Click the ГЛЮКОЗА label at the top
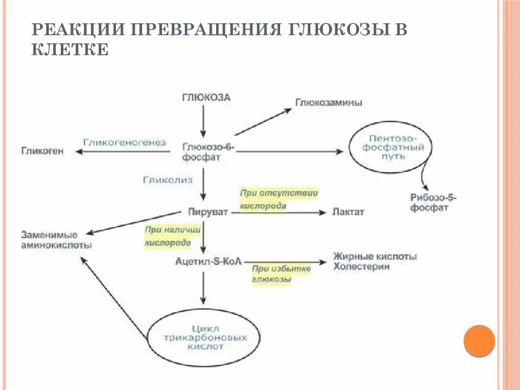click(205, 98)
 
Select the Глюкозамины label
click(328, 102)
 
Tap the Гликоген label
click(42, 151)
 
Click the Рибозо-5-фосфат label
click(433, 203)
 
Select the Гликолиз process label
click(167, 179)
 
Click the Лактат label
click(348, 212)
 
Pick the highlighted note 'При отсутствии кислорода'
click(279, 199)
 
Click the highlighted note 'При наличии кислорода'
click(172, 236)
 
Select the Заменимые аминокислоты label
click(56, 240)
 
